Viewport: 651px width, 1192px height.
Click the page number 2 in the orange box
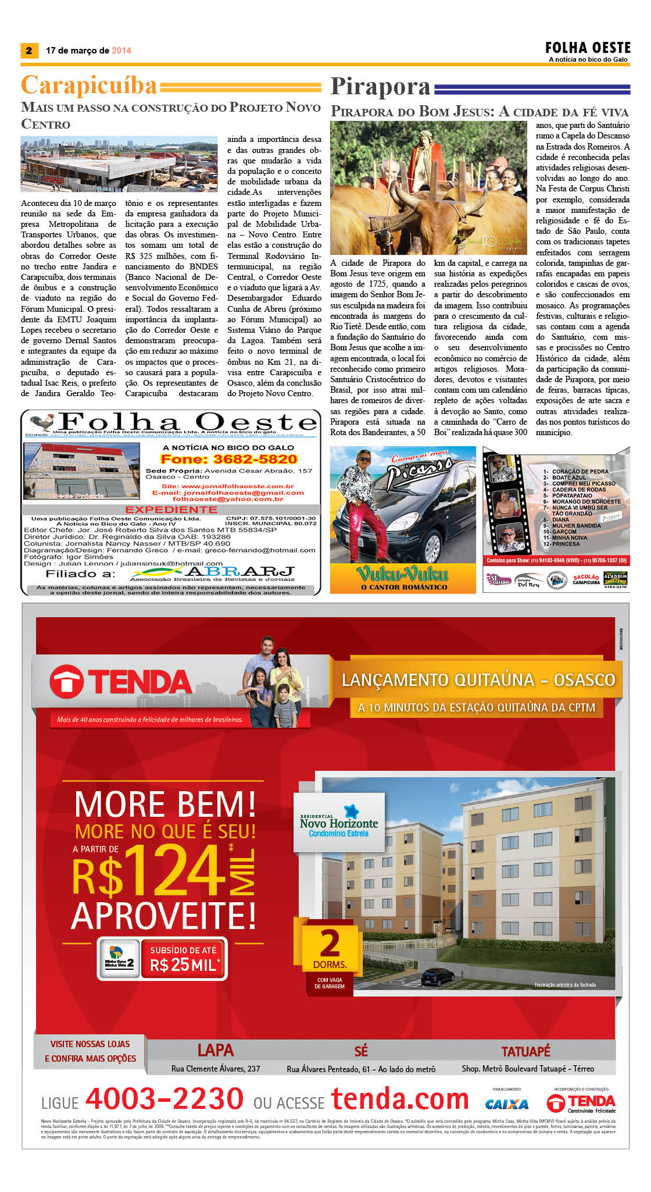(28, 51)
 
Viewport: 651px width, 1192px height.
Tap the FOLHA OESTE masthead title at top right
(588, 48)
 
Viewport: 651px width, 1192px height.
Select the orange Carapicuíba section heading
(89, 86)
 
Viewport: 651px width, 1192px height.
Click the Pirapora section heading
(381, 87)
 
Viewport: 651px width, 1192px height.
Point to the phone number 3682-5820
(228, 459)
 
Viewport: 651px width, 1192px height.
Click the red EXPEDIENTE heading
(171, 510)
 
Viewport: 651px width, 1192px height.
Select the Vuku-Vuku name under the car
(402, 574)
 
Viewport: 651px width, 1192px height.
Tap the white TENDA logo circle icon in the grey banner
(66, 682)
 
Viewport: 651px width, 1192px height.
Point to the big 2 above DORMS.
(330, 942)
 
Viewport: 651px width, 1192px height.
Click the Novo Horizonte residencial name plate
(339, 824)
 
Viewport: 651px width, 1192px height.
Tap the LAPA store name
(216, 1050)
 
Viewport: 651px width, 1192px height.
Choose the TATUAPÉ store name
(525, 1051)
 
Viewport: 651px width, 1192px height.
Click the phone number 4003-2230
(164, 1098)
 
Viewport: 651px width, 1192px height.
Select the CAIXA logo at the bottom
(506, 1104)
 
